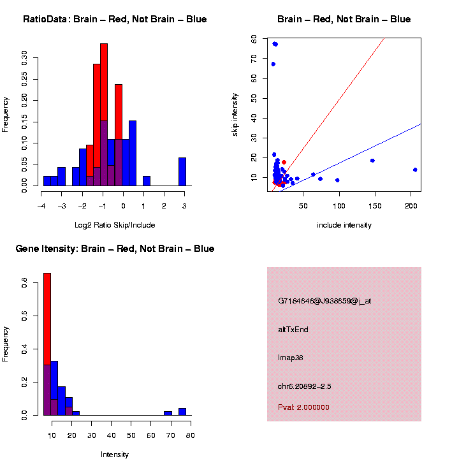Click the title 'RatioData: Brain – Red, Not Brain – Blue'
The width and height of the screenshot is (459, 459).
coord(115,19)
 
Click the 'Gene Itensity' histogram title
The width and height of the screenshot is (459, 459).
coord(115,249)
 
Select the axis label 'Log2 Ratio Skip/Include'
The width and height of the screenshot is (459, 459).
coord(115,225)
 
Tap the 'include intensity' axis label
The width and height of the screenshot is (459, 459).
coord(344,225)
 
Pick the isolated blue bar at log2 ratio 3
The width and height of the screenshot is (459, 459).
coord(182,171)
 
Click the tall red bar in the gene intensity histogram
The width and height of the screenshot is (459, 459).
coord(47,319)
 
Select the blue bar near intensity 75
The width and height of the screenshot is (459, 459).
coord(182,412)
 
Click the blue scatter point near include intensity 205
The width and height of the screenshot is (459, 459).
coord(415,170)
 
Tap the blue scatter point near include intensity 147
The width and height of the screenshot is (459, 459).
coord(372,161)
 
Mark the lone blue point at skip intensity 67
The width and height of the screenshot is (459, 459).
coord(273,64)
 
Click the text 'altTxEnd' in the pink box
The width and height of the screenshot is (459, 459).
coord(293,330)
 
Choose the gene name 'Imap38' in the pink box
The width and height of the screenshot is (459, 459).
coord(291,358)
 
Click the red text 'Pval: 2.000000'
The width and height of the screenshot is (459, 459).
coord(303,407)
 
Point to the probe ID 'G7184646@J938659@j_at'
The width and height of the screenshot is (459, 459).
coord(324,301)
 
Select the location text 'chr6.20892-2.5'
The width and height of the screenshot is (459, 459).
coord(305,386)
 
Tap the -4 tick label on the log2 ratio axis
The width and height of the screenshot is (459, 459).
coord(41,206)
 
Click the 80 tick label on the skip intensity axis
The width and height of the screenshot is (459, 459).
coord(254,39)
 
